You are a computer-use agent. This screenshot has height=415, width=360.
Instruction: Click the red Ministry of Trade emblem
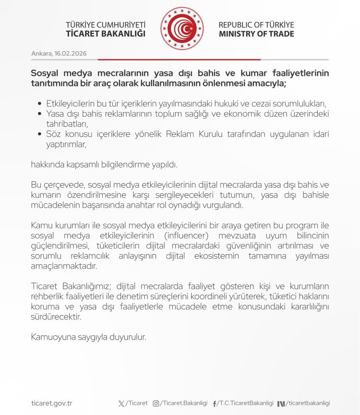click(182, 29)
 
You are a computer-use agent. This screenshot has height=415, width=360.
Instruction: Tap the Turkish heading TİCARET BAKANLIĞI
click(106, 34)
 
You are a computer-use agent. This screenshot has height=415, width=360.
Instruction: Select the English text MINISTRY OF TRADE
click(256, 34)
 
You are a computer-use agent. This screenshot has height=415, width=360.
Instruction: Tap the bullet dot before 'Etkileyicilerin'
click(40, 104)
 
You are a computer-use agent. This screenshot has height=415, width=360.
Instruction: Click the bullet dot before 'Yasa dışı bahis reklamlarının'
click(40, 114)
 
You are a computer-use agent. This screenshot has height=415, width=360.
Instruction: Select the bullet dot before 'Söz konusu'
click(40, 134)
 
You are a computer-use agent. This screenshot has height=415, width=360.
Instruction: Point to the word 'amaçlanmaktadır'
click(63, 265)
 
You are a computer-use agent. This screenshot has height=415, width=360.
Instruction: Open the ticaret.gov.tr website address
click(51, 403)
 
